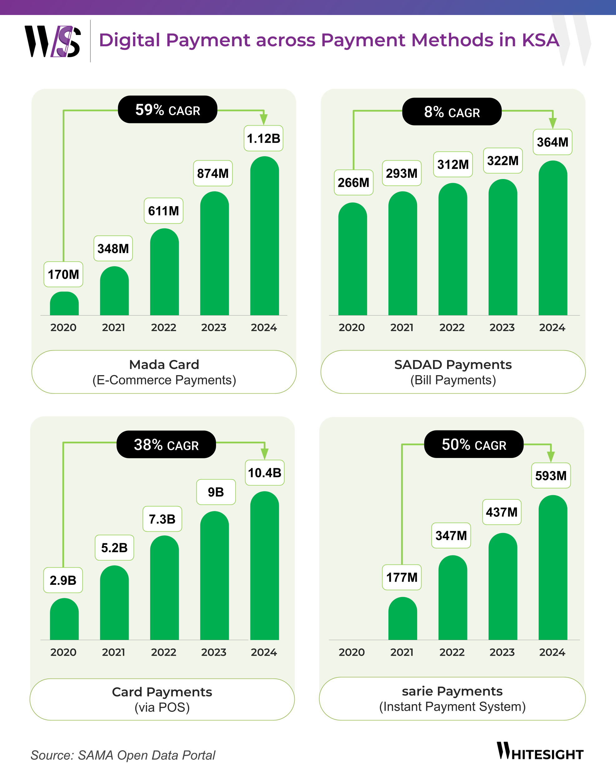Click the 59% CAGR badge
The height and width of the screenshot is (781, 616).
point(167,110)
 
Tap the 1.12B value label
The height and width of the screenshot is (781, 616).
point(263,138)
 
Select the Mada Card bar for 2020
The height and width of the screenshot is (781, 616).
point(64,304)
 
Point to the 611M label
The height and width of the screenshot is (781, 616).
point(163,211)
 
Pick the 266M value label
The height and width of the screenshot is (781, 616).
point(353,183)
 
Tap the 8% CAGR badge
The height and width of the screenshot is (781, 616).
point(451,112)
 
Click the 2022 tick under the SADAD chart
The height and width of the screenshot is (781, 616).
point(451,327)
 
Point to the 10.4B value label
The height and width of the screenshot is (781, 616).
point(264,473)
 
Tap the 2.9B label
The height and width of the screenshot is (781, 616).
point(63,580)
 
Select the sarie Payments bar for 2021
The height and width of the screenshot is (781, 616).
point(402,619)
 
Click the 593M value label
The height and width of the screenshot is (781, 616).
point(551,476)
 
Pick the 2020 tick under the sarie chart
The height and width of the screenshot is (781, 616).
point(351,652)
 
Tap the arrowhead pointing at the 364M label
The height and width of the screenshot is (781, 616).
point(553,124)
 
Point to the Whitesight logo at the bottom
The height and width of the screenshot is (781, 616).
point(540,752)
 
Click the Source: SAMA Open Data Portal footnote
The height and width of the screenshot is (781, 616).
point(123,755)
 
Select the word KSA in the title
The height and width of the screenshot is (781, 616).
point(540,40)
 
